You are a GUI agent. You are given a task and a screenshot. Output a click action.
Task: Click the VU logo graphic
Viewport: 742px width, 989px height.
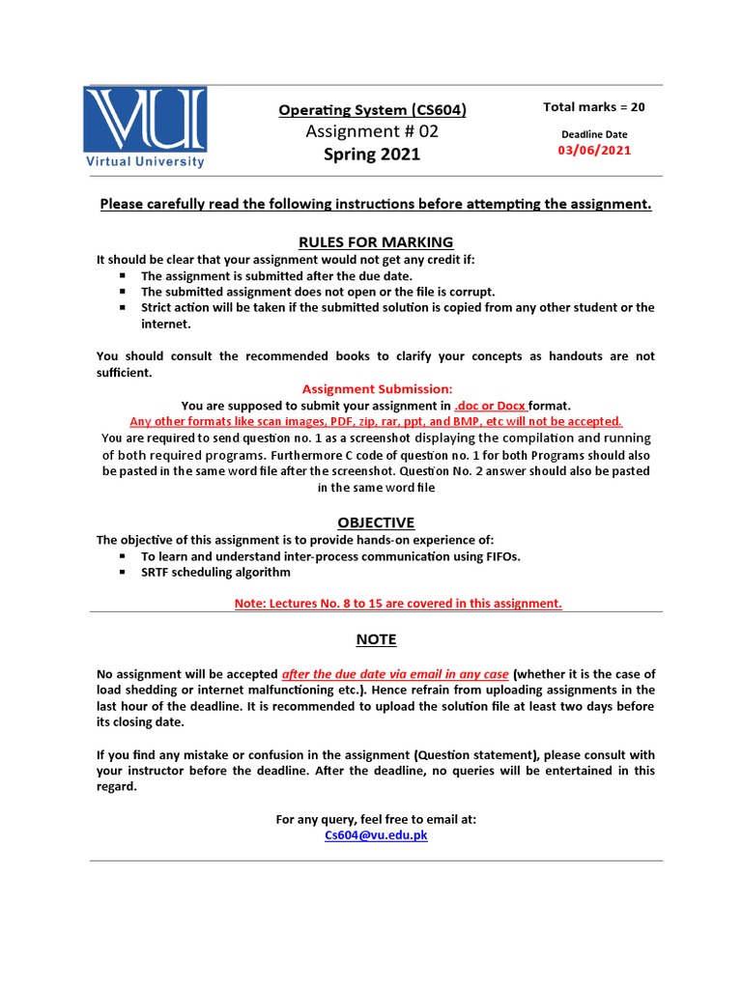pyautogui.click(x=145, y=120)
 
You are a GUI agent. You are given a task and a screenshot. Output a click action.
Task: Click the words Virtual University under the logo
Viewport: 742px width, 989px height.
pyautogui.click(x=145, y=161)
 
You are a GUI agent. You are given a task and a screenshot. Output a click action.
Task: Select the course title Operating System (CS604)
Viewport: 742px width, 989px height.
pyautogui.click(x=372, y=110)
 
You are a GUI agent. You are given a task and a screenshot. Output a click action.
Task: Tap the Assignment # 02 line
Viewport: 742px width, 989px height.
pyautogui.click(x=372, y=131)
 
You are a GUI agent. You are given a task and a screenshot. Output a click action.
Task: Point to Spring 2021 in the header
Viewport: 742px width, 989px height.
pyautogui.click(x=372, y=155)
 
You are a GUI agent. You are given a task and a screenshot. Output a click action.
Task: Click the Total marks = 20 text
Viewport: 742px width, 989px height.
pyautogui.click(x=594, y=107)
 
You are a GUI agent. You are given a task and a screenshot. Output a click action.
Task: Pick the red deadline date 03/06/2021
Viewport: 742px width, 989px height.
pyautogui.click(x=594, y=151)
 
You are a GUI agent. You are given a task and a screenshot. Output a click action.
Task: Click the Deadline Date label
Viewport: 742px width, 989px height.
pyautogui.click(x=594, y=134)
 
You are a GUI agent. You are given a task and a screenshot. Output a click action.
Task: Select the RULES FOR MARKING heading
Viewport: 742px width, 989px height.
pyautogui.click(x=376, y=241)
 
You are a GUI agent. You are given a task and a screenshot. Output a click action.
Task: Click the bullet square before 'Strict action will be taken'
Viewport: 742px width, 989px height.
pyautogui.click(x=123, y=307)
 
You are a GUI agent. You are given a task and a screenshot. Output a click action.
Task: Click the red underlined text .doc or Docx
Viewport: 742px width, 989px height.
pyautogui.click(x=490, y=406)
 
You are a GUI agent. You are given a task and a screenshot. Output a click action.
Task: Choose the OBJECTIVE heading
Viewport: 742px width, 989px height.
pyautogui.click(x=376, y=523)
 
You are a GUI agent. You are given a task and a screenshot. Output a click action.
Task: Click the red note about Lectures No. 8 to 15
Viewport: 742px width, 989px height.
pyautogui.click(x=398, y=603)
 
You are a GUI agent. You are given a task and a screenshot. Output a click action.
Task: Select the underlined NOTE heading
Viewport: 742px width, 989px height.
pyautogui.click(x=376, y=639)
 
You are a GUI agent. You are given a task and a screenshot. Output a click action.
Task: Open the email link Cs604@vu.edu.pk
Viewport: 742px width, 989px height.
pyautogui.click(x=376, y=835)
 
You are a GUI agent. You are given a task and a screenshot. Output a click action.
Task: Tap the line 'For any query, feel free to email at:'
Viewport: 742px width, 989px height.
pyautogui.click(x=376, y=819)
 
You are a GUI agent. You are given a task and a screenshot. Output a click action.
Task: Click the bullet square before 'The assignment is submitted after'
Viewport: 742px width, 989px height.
pyautogui.click(x=123, y=275)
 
